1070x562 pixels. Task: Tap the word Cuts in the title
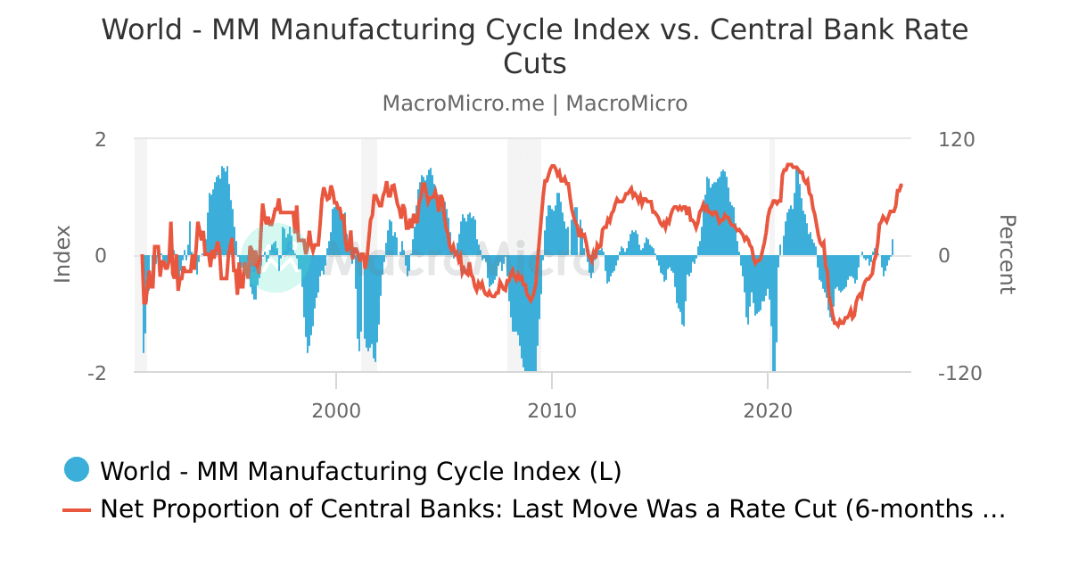(535, 64)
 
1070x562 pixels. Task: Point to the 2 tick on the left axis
(101, 139)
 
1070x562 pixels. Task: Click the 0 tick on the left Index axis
(101, 256)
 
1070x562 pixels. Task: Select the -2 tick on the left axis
(97, 373)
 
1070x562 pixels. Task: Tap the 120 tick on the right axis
(957, 139)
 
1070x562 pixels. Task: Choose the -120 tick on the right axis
(960, 373)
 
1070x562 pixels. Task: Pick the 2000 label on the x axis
(336, 411)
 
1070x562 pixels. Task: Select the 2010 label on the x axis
(552, 411)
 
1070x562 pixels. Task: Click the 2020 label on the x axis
(768, 411)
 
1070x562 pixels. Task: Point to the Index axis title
(62, 254)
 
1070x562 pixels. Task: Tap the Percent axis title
(1006, 254)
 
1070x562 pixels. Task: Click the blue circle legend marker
(77, 470)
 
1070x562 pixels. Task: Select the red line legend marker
(77, 509)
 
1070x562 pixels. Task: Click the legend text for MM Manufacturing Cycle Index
(360, 470)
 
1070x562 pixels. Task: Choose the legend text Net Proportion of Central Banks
(552, 509)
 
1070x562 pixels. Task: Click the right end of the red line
(901, 185)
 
